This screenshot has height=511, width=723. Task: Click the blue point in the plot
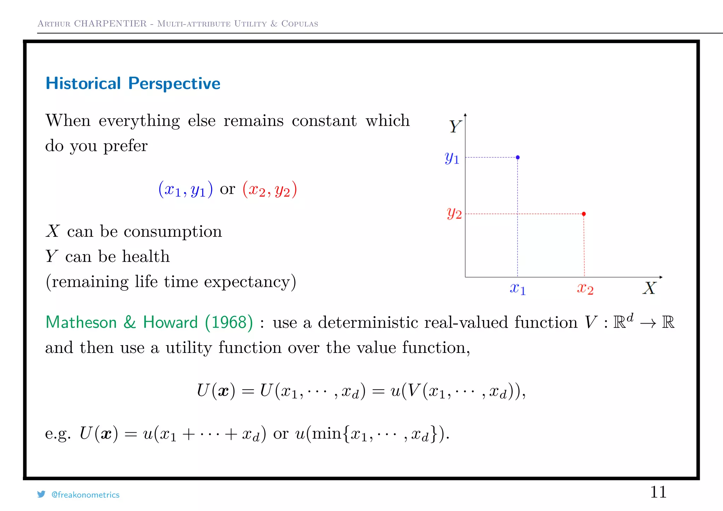tap(518, 157)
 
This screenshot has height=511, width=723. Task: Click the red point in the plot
tap(584, 214)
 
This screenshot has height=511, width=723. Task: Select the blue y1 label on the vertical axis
tap(452, 158)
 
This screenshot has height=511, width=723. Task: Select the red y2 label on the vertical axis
tap(454, 213)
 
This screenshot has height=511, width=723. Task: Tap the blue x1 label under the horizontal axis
tap(518, 289)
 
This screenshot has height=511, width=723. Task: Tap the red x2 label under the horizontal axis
tap(585, 289)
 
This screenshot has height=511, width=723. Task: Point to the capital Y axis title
tap(455, 126)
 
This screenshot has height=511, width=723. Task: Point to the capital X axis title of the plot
tap(649, 288)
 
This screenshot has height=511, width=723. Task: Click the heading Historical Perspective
tap(133, 84)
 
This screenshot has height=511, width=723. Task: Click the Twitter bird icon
tap(41, 494)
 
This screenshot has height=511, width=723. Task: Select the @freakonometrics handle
tap(85, 495)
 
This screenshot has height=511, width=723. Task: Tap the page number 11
tap(658, 492)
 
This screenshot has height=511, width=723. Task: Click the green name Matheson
tap(81, 322)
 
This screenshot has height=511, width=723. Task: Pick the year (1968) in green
tap(229, 322)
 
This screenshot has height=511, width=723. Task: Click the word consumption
tap(173, 232)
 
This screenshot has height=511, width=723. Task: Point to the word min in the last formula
tap(327, 433)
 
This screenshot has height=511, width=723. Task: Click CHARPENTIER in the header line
tap(110, 24)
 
